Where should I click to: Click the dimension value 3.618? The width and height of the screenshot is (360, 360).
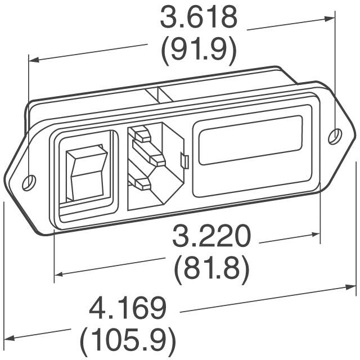pos(197,19)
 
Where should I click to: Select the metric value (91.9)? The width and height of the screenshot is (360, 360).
pos(197,51)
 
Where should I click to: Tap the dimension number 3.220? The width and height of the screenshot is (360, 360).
pos(211,237)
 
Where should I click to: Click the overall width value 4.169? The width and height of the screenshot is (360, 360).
pos(128,309)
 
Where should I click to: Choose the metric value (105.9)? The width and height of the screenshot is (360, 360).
pos(128,340)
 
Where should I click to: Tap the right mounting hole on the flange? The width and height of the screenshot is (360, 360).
pos(334,136)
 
